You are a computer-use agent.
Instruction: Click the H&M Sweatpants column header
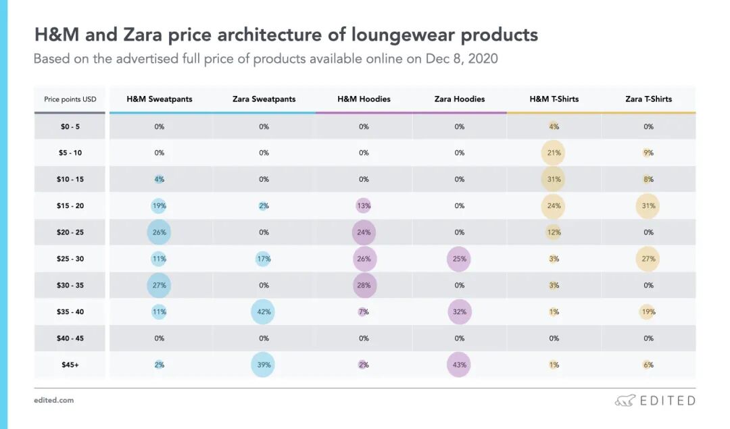click(160, 99)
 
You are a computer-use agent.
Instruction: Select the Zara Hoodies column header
click(460, 99)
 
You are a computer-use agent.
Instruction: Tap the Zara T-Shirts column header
click(649, 99)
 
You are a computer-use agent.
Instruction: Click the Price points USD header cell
click(70, 99)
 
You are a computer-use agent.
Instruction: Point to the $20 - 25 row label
click(70, 232)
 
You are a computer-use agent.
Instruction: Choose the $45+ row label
click(70, 365)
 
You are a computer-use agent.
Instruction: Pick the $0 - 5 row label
click(70, 126)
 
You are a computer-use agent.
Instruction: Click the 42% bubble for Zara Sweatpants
click(263, 312)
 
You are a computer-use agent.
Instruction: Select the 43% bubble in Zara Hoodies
click(460, 365)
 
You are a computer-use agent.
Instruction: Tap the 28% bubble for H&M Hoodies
click(364, 285)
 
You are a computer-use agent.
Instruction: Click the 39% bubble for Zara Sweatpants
click(263, 365)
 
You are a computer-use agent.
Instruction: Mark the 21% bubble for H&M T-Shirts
click(554, 153)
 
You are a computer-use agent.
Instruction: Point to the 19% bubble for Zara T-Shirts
click(649, 312)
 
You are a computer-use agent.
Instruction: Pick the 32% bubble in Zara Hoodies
click(460, 312)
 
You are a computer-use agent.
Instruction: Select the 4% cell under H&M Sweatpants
click(160, 179)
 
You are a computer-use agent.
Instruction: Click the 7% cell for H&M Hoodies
click(364, 312)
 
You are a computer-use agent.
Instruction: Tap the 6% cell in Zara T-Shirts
click(649, 365)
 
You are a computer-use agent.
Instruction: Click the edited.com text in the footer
click(53, 400)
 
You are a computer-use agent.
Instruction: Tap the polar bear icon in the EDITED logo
click(625, 401)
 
